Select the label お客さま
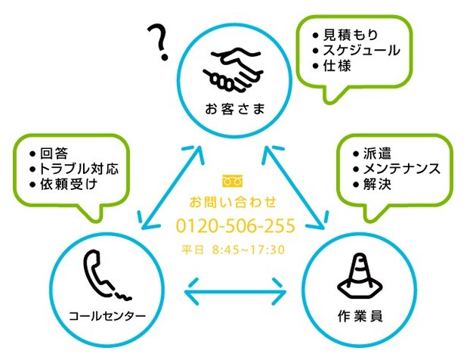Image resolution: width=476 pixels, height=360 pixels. [x=235, y=109]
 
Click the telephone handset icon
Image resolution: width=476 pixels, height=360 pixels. [x=107, y=275]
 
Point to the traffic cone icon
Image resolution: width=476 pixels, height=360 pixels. [x=360, y=277]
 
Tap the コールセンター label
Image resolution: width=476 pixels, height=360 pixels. [x=107, y=316]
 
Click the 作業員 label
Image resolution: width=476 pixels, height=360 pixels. [x=360, y=316]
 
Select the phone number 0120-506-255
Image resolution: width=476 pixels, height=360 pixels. [x=236, y=225]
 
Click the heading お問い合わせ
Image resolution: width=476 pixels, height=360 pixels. [x=233, y=202]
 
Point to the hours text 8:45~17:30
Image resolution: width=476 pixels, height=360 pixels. [x=249, y=250]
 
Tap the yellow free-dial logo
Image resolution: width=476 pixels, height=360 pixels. [x=233, y=181]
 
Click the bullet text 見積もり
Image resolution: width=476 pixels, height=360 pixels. [x=351, y=35]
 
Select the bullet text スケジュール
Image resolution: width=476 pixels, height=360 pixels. [x=361, y=51]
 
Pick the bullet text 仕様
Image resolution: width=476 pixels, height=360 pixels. [x=337, y=66]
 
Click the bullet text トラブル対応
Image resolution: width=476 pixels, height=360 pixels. [x=79, y=169]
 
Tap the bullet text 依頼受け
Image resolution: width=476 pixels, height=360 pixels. [x=68, y=185]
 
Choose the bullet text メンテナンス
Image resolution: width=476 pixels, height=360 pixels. [x=401, y=169]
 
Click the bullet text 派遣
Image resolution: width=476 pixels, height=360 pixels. [x=377, y=154]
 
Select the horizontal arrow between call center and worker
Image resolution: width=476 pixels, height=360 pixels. [x=235, y=292]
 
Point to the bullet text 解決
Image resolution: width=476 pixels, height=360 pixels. [x=377, y=185]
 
